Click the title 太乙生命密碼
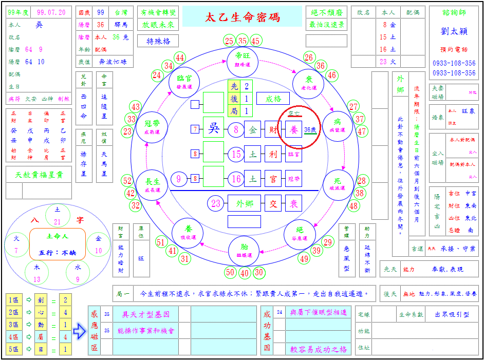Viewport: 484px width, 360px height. pyautogui.click(x=243, y=17)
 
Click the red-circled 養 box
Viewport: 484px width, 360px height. pyautogui.click(x=294, y=129)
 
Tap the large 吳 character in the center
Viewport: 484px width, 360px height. pyautogui.click(x=213, y=129)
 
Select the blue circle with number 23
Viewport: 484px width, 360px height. pyautogui.click(x=216, y=203)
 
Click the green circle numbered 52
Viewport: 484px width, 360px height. pyautogui.click(x=128, y=181)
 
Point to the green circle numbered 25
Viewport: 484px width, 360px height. pyautogui.click(x=229, y=41)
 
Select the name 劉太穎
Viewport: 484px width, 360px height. pyautogui.click(x=454, y=31)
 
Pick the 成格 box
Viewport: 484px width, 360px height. pyautogui.click(x=273, y=99)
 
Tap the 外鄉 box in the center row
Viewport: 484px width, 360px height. pyautogui.click(x=245, y=203)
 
